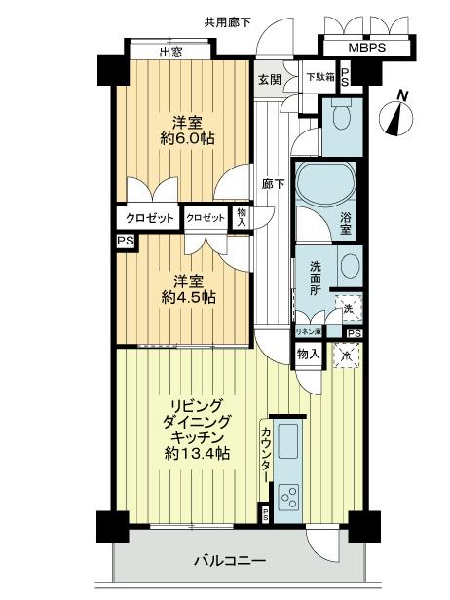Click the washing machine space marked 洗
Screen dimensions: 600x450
[x=348, y=308]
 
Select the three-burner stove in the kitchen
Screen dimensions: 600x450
[x=289, y=498]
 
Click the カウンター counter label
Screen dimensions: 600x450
[x=266, y=454]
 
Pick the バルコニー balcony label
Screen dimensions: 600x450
[x=223, y=560]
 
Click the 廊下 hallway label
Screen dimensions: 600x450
[x=274, y=182]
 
